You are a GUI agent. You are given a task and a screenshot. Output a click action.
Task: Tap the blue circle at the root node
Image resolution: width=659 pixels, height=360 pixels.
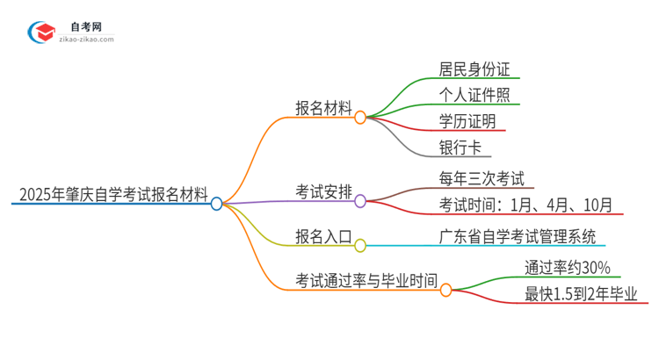click(217, 204)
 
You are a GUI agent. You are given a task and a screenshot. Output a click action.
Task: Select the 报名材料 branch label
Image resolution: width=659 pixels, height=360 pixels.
click(323, 108)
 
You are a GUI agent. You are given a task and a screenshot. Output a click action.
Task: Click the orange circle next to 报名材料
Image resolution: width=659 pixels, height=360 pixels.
click(360, 117)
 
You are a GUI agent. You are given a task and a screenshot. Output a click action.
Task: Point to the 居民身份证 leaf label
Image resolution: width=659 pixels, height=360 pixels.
click(474, 68)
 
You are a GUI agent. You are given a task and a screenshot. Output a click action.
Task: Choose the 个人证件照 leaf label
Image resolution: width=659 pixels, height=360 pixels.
click(474, 94)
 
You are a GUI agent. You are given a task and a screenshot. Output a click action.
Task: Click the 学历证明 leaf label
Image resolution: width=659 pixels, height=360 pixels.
click(466, 120)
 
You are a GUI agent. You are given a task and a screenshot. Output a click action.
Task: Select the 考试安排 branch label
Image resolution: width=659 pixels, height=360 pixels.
click(323, 191)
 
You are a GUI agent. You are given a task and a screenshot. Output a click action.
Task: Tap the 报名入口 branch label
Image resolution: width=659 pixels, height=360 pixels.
click(323, 235)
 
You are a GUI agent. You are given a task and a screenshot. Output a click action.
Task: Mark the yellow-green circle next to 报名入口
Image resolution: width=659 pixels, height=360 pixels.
click(360, 246)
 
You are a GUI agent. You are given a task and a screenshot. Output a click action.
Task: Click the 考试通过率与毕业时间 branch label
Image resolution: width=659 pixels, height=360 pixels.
click(366, 279)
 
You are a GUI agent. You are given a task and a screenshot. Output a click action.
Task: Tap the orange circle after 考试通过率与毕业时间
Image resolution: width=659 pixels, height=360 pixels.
click(445, 289)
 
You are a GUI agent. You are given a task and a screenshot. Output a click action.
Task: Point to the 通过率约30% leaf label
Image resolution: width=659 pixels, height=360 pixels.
click(568, 268)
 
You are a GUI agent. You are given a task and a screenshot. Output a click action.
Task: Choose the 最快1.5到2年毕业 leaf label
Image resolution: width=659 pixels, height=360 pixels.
click(581, 294)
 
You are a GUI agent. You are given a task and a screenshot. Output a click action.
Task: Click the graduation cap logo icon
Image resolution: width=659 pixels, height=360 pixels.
click(42, 32)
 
